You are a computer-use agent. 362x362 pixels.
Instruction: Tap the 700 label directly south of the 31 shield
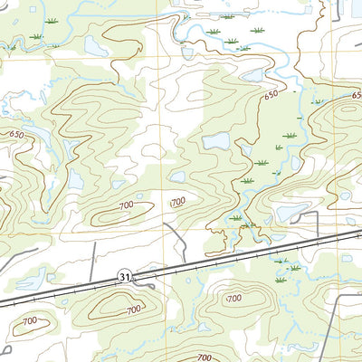coord(134,310)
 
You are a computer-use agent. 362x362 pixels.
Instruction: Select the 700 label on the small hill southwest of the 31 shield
coord(30,320)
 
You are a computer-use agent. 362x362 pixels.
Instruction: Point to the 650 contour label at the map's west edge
coord(15,135)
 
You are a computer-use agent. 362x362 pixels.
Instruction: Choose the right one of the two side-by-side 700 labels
coord(177,201)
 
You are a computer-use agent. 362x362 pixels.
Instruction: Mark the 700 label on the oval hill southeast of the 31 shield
coord(233,298)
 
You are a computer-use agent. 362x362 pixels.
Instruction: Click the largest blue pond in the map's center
coord(216,141)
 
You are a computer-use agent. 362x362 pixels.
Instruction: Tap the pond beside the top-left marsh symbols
coord(93,44)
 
